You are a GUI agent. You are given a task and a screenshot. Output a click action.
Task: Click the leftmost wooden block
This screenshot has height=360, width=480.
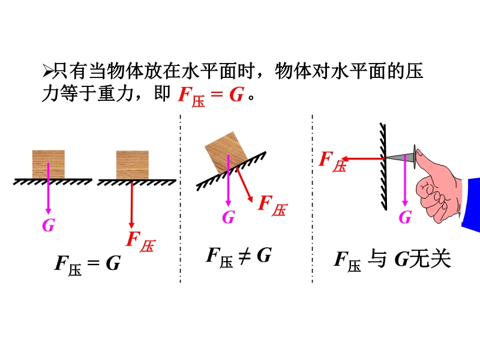coord(49,164)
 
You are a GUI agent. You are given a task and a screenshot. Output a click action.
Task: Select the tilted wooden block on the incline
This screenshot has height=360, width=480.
coord(226,152)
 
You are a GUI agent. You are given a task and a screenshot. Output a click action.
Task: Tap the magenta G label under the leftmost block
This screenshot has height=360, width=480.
coord(49,226)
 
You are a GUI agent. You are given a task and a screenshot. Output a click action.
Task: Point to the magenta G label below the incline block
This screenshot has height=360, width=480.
coord(229,217)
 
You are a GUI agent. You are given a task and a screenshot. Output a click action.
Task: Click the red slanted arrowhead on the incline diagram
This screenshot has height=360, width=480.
coord(250,198)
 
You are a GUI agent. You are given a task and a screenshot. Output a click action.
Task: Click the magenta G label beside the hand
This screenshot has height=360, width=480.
coord(405,217)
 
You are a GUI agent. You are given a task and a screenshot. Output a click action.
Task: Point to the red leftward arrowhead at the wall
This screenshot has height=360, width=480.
coord(346,158)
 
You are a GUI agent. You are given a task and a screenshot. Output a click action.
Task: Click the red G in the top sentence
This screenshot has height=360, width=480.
coord(236,94)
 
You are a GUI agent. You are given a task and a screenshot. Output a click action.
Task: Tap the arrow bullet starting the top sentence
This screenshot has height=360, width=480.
coord(47,71)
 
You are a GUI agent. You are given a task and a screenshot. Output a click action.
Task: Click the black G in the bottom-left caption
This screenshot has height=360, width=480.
coord(113,263)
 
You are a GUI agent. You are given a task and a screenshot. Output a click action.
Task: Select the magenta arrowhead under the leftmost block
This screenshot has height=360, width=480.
coord(48,211)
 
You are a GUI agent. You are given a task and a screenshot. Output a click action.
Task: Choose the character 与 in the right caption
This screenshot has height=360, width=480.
coord(377,259)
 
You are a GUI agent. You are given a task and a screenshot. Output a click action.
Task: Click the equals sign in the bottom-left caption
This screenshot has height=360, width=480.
coord(94,263)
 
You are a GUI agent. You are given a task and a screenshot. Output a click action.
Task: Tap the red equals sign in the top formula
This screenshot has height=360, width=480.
coord(217,94)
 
